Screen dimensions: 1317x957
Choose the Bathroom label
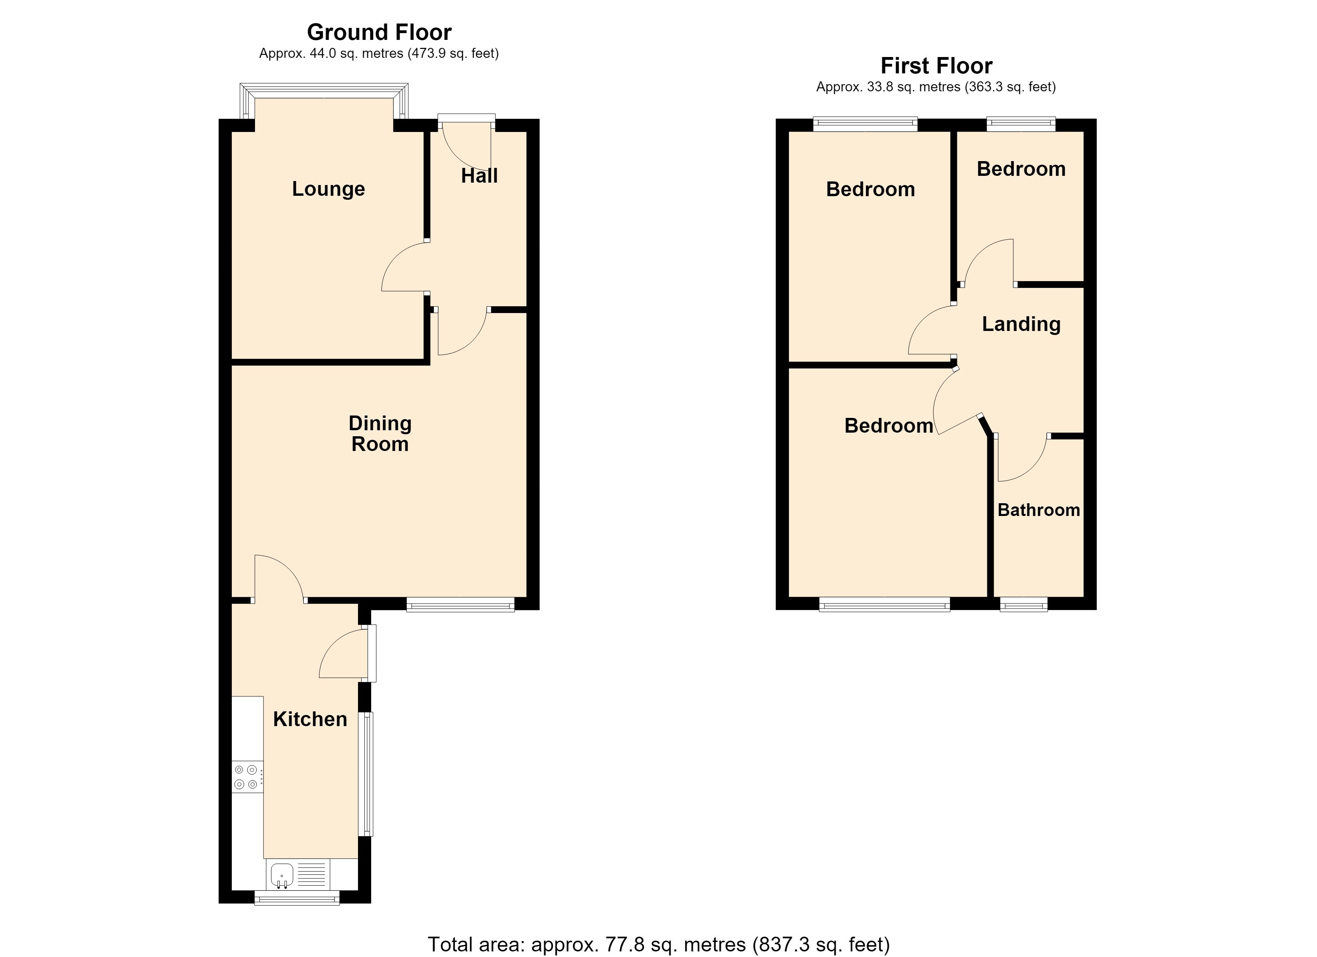1038,510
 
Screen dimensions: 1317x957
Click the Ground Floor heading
379,32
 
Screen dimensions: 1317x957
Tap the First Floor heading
936,65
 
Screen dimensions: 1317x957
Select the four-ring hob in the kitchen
247,777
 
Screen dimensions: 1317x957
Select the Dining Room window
461,605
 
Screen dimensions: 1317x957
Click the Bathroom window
1024,605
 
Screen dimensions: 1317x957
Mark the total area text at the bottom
658,944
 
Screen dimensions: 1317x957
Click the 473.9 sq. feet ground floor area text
453,54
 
